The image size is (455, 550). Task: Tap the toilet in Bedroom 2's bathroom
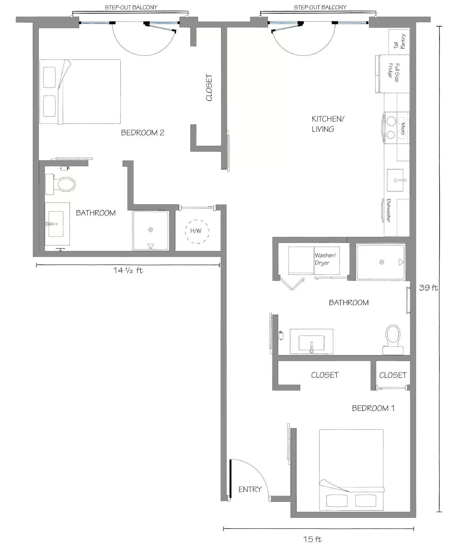pyautogui.click(x=60, y=184)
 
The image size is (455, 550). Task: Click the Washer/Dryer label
pyautogui.click(x=325, y=259)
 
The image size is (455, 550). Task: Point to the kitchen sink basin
pyautogui.click(x=395, y=180)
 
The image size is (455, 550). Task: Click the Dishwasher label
pyautogui.click(x=388, y=210)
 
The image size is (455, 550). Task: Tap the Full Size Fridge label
pyautogui.click(x=394, y=72)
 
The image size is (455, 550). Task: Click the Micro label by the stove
pyautogui.click(x=403, y=128)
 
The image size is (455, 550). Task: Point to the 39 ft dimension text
pyautogui.click(x=429, y=288)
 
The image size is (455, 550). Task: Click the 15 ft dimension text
pyautogui.click(x=312, y=539)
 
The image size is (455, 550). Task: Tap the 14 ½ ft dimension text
pyautogui.click(x=128, y=270)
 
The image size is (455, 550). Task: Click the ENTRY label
pyautogui.click(x=250, y=489)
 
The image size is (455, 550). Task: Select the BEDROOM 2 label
pyautogui.click(x=142, y=133)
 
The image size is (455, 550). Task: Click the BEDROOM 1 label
pyautogui.click(x=373, y=408)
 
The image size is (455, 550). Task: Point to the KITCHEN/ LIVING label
pyautogui.click(x=328, y=124)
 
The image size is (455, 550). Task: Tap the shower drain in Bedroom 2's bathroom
pyautogui.click(x=150, y=230)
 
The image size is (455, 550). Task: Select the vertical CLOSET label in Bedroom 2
pyautogui.click(x=209, y=88)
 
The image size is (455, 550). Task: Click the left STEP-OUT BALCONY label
pyautogui.click(x=131, y=7)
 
